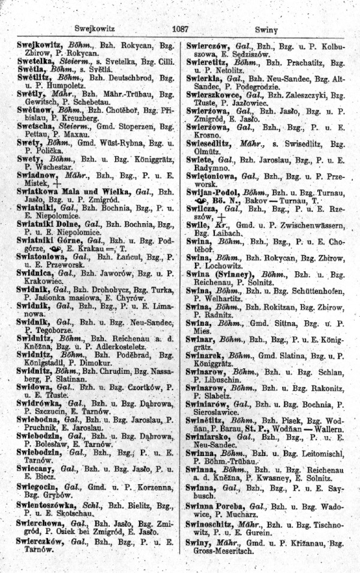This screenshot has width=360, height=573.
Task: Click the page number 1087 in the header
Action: point(180,28)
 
